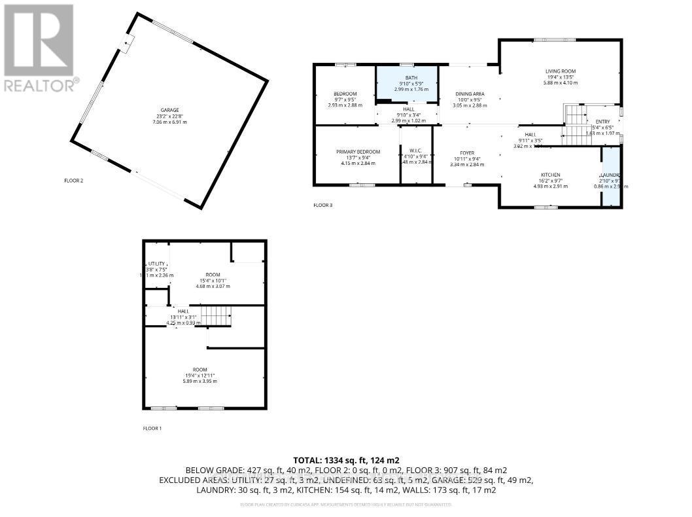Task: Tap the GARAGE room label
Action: tap(170, 110)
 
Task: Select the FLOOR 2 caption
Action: tap(73, 181)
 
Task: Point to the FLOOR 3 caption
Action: tap(322, 205)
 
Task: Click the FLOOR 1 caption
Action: tap(152, 428)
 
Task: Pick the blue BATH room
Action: tap(407, 84)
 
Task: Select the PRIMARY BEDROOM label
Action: tap(358, 152)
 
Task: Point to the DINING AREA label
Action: tap(470, 94)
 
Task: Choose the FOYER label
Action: tap(466, 152)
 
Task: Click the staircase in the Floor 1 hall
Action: tap(216, 317)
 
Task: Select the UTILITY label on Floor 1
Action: tap(156, 264)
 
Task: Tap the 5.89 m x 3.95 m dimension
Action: tap(200, 381)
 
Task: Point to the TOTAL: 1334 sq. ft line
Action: tap(346, 460)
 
